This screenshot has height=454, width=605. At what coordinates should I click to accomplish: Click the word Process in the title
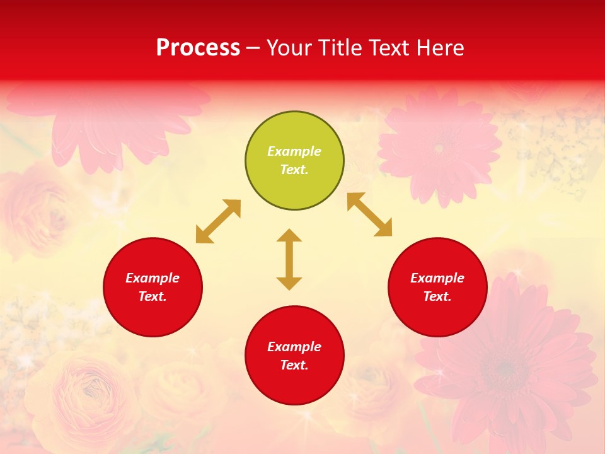pos(198,48)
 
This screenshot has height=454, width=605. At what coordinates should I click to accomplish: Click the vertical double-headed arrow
pos(289,259)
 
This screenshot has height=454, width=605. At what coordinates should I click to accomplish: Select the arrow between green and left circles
pos(218,221)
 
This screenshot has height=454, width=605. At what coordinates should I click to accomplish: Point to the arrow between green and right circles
pos(369,214)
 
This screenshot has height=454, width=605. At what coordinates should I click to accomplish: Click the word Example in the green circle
pos(294,151)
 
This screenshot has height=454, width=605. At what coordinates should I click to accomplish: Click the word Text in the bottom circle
pos(294,365)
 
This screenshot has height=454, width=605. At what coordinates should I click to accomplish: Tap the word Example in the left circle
pos(153,278)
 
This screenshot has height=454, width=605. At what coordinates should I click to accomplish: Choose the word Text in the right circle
pos(437,296)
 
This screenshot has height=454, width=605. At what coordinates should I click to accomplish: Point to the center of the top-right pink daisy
pos(439,148)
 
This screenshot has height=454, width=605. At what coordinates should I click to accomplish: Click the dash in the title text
pos(253,48)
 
